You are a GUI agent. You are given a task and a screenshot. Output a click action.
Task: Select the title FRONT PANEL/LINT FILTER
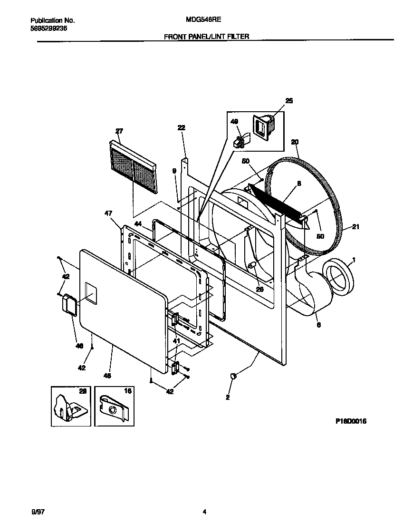point(206,36)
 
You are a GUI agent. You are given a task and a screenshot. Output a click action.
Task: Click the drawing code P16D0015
point(352,421)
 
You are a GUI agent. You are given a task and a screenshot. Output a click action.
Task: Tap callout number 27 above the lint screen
point(119,131)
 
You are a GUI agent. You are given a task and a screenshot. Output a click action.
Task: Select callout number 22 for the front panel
point(181,127)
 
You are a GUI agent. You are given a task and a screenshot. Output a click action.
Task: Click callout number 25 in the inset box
point(289,100)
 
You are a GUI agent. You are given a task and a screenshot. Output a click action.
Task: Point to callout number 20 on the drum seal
point(295,142)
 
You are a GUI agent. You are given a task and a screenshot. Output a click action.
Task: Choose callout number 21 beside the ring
point(355,227)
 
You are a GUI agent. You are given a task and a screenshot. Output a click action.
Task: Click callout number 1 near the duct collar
point(353,261)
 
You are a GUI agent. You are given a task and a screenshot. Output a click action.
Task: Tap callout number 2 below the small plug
point(228,397)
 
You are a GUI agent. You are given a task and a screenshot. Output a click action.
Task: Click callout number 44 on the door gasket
point(138,223)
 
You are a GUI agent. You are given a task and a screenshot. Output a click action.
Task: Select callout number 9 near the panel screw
point(174,170)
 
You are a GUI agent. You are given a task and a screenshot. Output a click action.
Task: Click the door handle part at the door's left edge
point(70,304)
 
